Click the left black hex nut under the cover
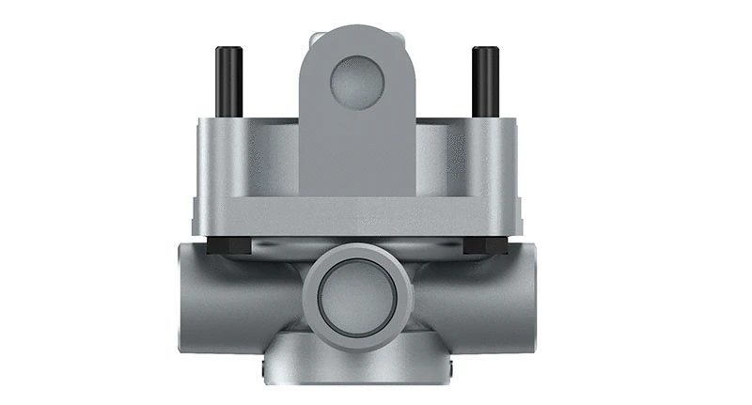pyautogui.click(x=225, y=246)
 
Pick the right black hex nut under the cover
pyautogui.click(x=486, y=246)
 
